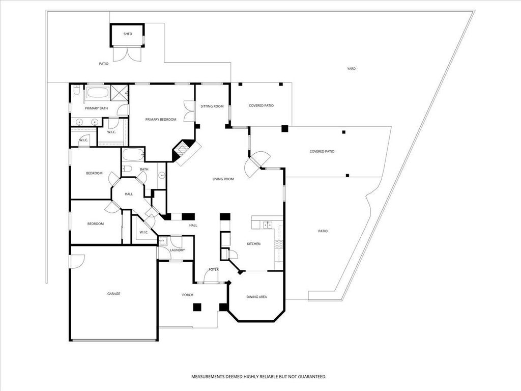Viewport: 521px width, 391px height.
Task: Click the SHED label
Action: pyautogui.click(x=128, y=34)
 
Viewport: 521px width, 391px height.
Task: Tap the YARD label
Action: pyautogui.click(x=351, y=68)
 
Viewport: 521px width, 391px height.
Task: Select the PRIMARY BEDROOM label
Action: pyautogui.click(x=161, y=120)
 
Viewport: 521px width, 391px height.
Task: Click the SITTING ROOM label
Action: pyautogui.click(x=212, y=106)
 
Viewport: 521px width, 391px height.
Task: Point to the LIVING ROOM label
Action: pyautogui.click(x=223, y=179)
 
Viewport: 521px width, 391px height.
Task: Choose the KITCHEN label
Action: pyautogui.click(x=253, y=244)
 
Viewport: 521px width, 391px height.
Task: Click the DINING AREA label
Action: pyautogui.click(x=256, y=297)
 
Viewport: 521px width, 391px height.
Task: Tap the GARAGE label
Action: pyautogui.click(x=113, y=294)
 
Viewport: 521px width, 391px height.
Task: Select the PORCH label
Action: pyautogui.click(x=188, y=295)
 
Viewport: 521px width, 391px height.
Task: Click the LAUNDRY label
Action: pyautogui.click(x=177, y=250)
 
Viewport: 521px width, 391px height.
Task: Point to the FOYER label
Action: pyautogui.click(x=213, y=269)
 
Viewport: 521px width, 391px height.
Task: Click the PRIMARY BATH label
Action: pyautogui.click(x=96, y=108)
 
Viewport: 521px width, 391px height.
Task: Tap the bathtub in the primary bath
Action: pyautogui.click(x=97, y=93)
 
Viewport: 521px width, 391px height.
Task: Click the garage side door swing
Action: pyautogui.click(x=77, y=261)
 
